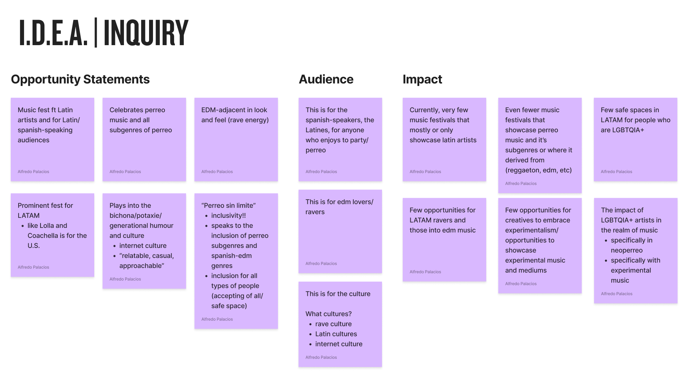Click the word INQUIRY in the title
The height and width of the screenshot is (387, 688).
pyautogui.click(x=146, y=33)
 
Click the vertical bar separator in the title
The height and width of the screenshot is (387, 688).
pyautogui.click(x=96, y=33)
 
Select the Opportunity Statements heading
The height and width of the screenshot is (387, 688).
pyautogui.click(x=80, y=79)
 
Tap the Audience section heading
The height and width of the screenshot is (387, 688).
pyautogui.click(x=326, y=79)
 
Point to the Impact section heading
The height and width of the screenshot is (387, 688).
pyautogui.click(x=422, y=79)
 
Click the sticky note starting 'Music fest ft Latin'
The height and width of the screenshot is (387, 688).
pyautogui.click(x=52, y=139)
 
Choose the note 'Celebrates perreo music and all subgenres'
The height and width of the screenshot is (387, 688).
pyautogui.click(x=144, y=139)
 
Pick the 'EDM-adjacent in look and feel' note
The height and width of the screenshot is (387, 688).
pyautogui.click(x=236, y=139)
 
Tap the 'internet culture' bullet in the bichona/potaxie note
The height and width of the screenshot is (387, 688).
pyautogui.click(x=143, y=245)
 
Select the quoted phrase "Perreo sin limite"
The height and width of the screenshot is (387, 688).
pyautogui.click(x=228, y=205)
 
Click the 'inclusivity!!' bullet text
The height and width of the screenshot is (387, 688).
pyautogui.click(x=228, y=215)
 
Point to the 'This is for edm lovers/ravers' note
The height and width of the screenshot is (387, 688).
pyautogui.click(x=340, y=231)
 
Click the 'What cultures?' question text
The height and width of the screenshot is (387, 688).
pyautogui.click(x=328, y=314)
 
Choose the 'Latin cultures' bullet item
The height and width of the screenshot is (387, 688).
pyautogui.click(x=336, y=334)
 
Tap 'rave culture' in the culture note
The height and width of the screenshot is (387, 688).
pyautogui.click(x=333, y=324)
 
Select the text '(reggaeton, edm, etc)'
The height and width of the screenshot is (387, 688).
pyautogui.click(x=538, y=170)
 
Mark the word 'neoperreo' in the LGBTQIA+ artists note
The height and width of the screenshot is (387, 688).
pyautogui.click(x=626, y=250)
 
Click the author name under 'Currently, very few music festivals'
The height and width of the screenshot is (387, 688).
pyautogui.click(x=425, y=172)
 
